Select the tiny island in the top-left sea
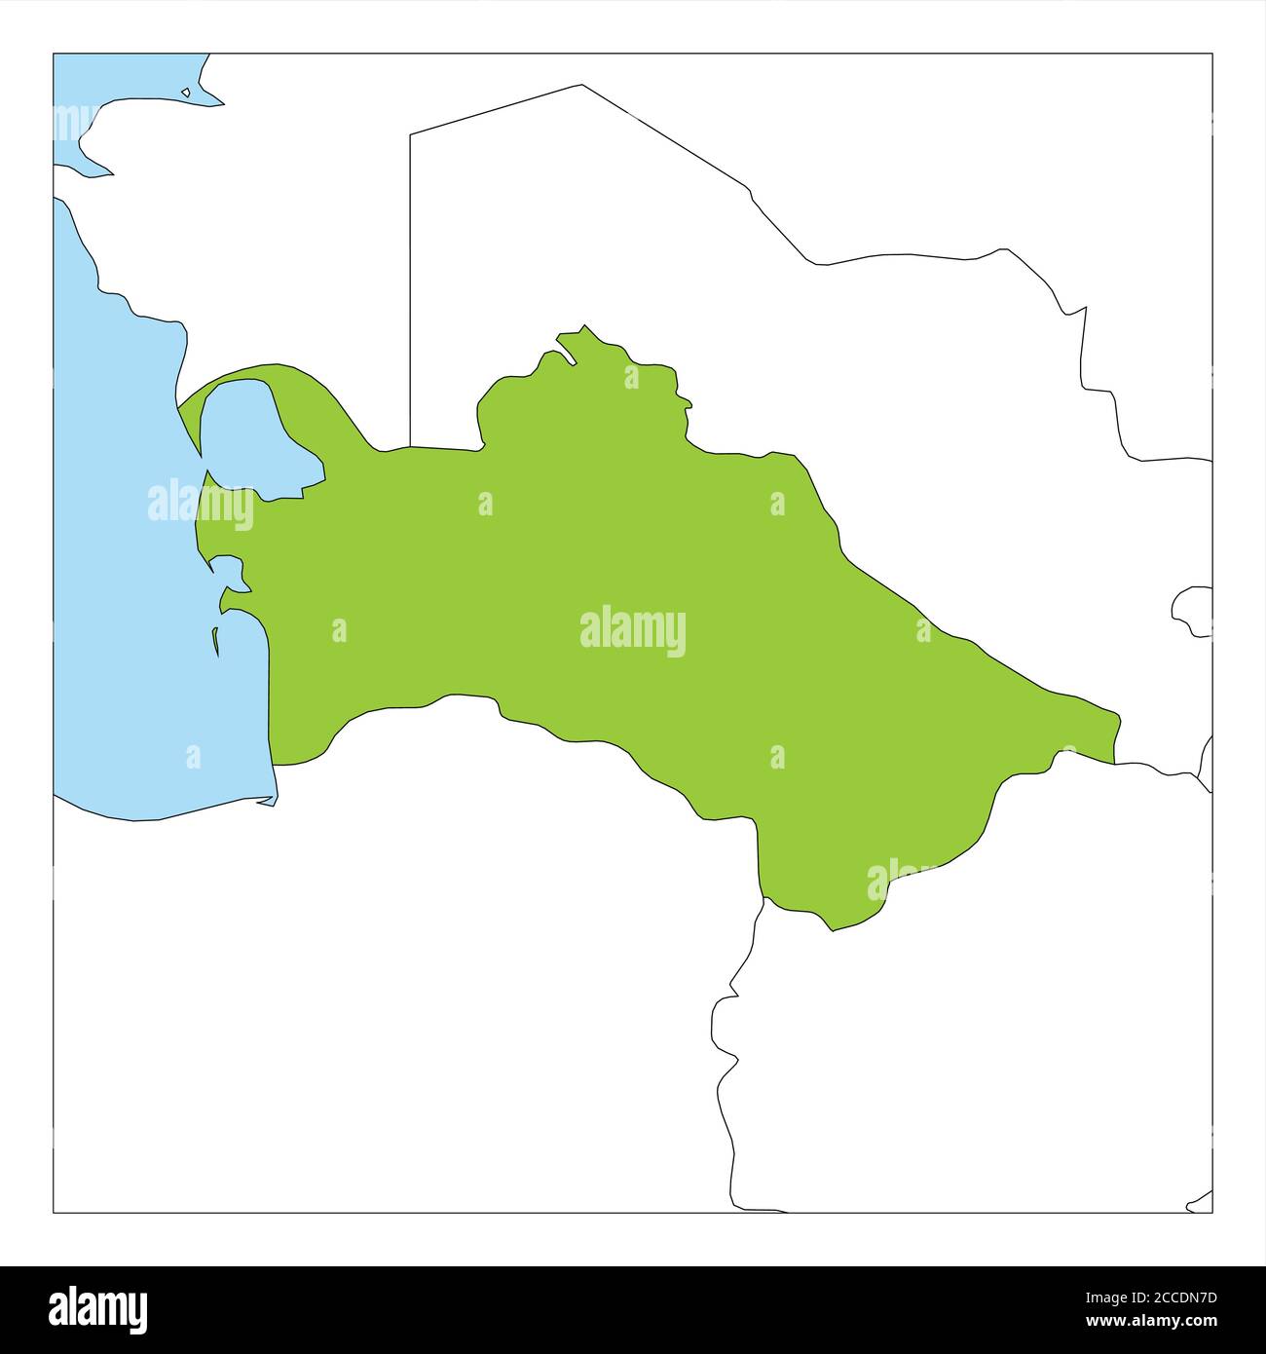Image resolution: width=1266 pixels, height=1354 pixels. [x=186, y=94]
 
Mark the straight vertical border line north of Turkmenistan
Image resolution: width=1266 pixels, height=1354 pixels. [x=410, y=292]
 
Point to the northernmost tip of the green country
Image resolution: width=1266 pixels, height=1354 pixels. [x=584, y=326]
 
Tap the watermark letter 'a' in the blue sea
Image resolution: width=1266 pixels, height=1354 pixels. [x=193, y=756]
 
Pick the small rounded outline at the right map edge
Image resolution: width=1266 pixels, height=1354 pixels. [x=1194, y=612]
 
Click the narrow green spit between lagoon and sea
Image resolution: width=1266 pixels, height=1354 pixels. [x=190, y=419]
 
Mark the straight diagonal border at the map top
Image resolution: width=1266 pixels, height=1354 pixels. [x=497, y=108]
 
